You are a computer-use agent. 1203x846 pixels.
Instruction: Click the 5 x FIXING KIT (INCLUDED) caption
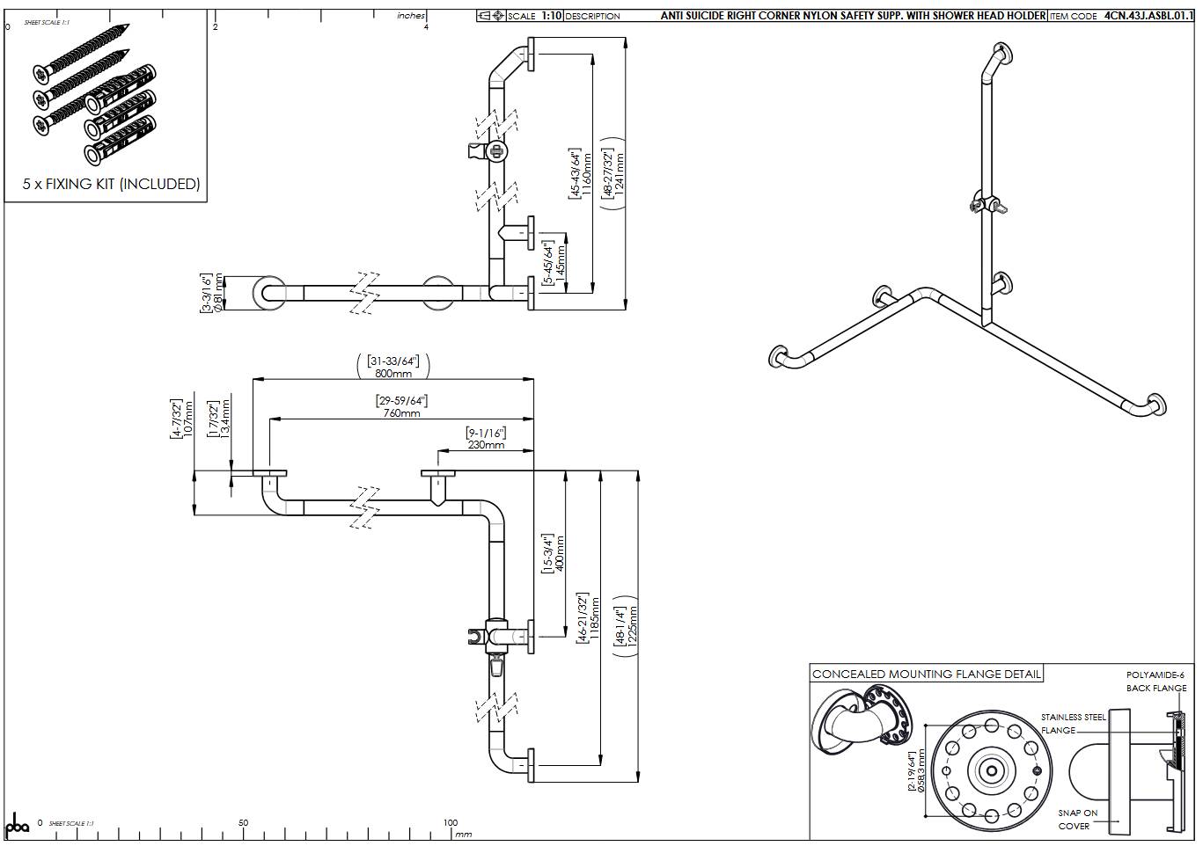(111, 184)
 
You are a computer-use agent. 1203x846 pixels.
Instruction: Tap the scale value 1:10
(551, 16)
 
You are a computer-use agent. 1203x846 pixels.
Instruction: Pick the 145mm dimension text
(560, 262)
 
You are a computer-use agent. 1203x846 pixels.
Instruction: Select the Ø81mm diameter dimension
(217, 293)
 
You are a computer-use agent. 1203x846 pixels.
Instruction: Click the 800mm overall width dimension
(392, 373)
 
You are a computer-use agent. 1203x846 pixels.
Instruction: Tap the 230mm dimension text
(486, 444)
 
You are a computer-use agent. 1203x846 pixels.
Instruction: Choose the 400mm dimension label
(560, 552)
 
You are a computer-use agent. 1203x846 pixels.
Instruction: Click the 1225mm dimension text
(633, 625)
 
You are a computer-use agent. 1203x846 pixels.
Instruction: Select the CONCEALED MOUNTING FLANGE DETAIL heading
(926, 675)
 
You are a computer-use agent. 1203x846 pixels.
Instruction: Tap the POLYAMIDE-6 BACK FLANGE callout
(1155, 682)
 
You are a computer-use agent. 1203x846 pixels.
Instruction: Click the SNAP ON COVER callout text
(1077, 820)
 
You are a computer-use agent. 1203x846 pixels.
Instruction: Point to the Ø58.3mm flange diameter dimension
(921, 770)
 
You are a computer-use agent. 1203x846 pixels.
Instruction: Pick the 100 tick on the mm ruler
(451, 823)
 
